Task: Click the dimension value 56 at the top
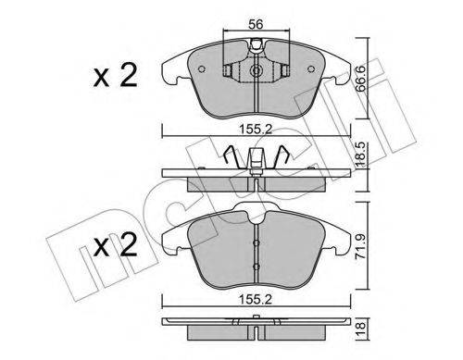(256, 24)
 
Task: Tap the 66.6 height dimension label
(360, 80)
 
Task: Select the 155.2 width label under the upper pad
(257, 130)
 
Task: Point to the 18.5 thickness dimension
(360, 155)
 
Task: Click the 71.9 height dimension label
(361, 246)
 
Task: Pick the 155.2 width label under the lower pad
(257, 300)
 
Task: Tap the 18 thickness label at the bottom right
(360, 329)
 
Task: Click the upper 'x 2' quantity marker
(115, 76)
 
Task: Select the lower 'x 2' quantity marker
(115, 245)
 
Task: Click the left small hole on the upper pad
(202, 69)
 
